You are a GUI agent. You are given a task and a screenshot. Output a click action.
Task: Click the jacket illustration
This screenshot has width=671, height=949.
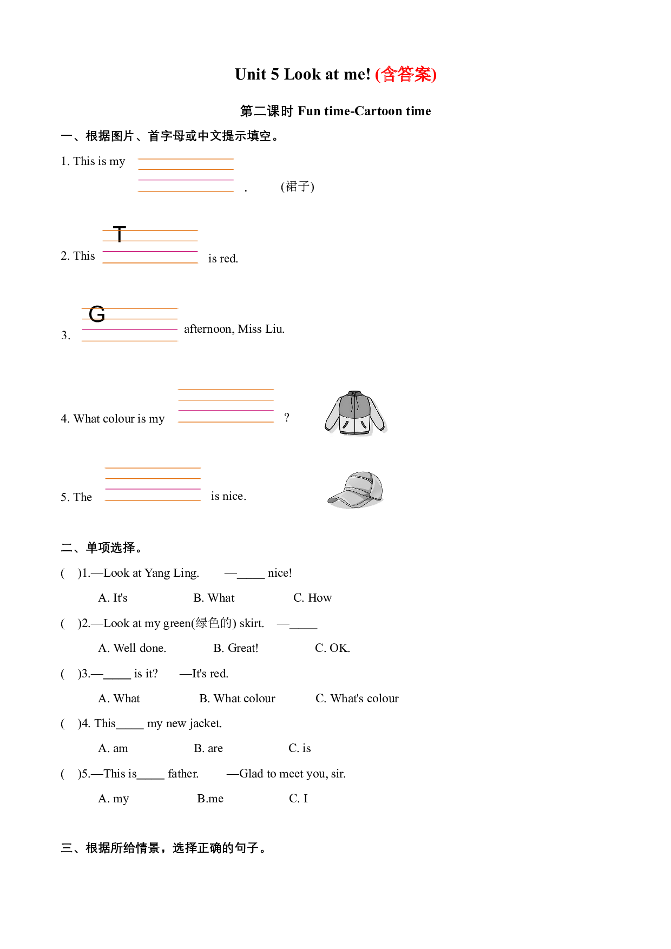click(356, 413)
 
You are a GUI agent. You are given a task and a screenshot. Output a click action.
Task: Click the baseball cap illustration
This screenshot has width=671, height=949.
click(356, 490)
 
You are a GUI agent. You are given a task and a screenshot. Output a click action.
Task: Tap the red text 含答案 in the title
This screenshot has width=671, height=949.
click(406, 74)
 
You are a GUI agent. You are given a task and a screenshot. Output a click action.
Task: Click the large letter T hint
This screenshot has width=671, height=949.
click(120, 234)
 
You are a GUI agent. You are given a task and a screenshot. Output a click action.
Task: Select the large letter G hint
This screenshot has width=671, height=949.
click(97, 314)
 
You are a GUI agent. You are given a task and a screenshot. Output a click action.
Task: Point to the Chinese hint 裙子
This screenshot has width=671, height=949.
click(298, 187)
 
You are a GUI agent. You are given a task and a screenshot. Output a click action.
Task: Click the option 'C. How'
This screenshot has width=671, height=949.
click(312, 598)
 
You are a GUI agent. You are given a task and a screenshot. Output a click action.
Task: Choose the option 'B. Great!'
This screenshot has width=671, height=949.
click(236, 648)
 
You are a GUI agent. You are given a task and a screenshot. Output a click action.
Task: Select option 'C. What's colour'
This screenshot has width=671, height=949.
click(357, 698)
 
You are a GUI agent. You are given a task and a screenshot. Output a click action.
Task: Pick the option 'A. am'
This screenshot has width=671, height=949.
click(113, 748)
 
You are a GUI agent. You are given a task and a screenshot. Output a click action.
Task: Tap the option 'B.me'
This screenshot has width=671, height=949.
click(210, 799)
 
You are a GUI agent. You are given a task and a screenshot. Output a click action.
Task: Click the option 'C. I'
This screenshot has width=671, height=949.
click(298, 799)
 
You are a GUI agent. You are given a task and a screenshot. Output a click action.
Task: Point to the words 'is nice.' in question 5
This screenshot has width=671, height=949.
click(228, 496)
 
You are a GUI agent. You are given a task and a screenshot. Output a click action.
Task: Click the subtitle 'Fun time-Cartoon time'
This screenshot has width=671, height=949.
click(364, 111)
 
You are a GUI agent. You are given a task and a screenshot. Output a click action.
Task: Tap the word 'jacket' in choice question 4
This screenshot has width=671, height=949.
click(205, 723)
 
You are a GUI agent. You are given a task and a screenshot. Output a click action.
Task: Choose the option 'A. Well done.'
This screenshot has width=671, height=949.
click(132, 648)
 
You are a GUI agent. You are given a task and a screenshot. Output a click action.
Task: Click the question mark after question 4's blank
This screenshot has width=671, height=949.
click(287, 417)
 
